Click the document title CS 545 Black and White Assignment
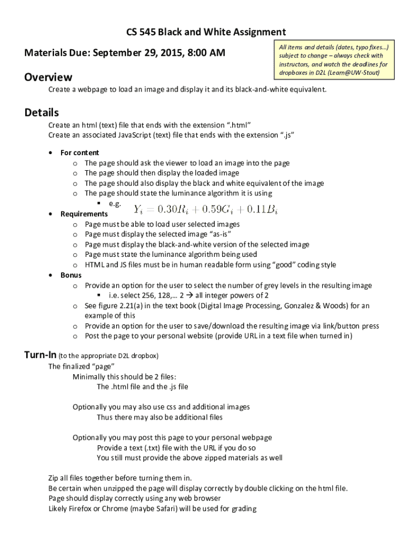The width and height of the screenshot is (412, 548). [206, 32]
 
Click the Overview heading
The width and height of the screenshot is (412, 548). [48, 78]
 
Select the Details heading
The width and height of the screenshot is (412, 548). [42, 113]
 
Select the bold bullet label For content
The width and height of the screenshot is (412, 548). [80, 153]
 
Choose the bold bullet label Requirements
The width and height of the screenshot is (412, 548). [84, 214]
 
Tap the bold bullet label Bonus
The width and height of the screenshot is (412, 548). [71, 275]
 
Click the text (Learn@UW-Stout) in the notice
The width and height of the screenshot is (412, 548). [349, 72]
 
